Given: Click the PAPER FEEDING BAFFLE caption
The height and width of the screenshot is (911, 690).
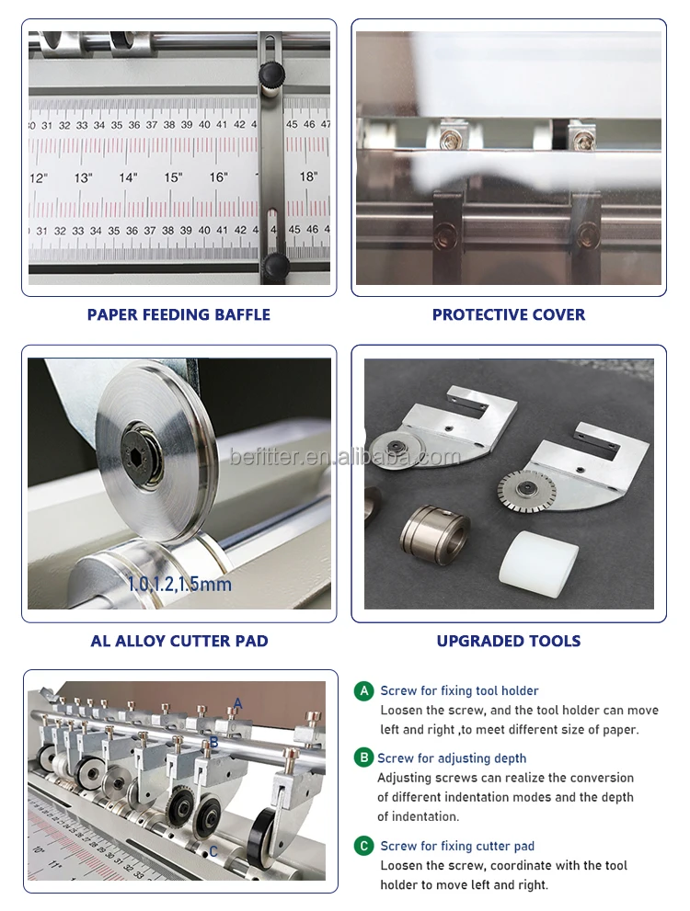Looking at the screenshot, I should point(178,314).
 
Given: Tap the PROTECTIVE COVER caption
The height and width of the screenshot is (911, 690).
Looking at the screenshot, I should point(509,314).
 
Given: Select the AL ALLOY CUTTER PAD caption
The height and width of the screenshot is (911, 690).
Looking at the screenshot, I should point(179,641).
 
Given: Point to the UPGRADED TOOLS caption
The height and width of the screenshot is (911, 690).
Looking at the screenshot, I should point(509,641).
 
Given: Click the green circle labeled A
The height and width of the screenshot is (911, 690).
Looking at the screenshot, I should point(365,690).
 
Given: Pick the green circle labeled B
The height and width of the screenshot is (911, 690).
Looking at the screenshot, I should point(364,758).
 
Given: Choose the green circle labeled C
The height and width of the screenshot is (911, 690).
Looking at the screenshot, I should point(365,846).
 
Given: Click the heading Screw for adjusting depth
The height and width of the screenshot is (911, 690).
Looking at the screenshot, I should point(452,758).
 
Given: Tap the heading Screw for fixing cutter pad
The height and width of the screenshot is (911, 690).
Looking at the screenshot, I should point(457,846).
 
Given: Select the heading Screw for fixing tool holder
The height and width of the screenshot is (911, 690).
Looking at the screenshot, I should point(459,690).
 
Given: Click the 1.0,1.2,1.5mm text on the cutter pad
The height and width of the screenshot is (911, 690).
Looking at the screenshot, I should point(179,584).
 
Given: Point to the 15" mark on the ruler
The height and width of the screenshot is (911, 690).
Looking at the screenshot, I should point(173,177).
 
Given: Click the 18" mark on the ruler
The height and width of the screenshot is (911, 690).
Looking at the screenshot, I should point(308,177).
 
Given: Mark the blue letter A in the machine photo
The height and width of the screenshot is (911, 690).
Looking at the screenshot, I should point(237,704).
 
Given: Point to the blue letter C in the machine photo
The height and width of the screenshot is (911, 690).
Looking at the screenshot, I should point(213,852).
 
